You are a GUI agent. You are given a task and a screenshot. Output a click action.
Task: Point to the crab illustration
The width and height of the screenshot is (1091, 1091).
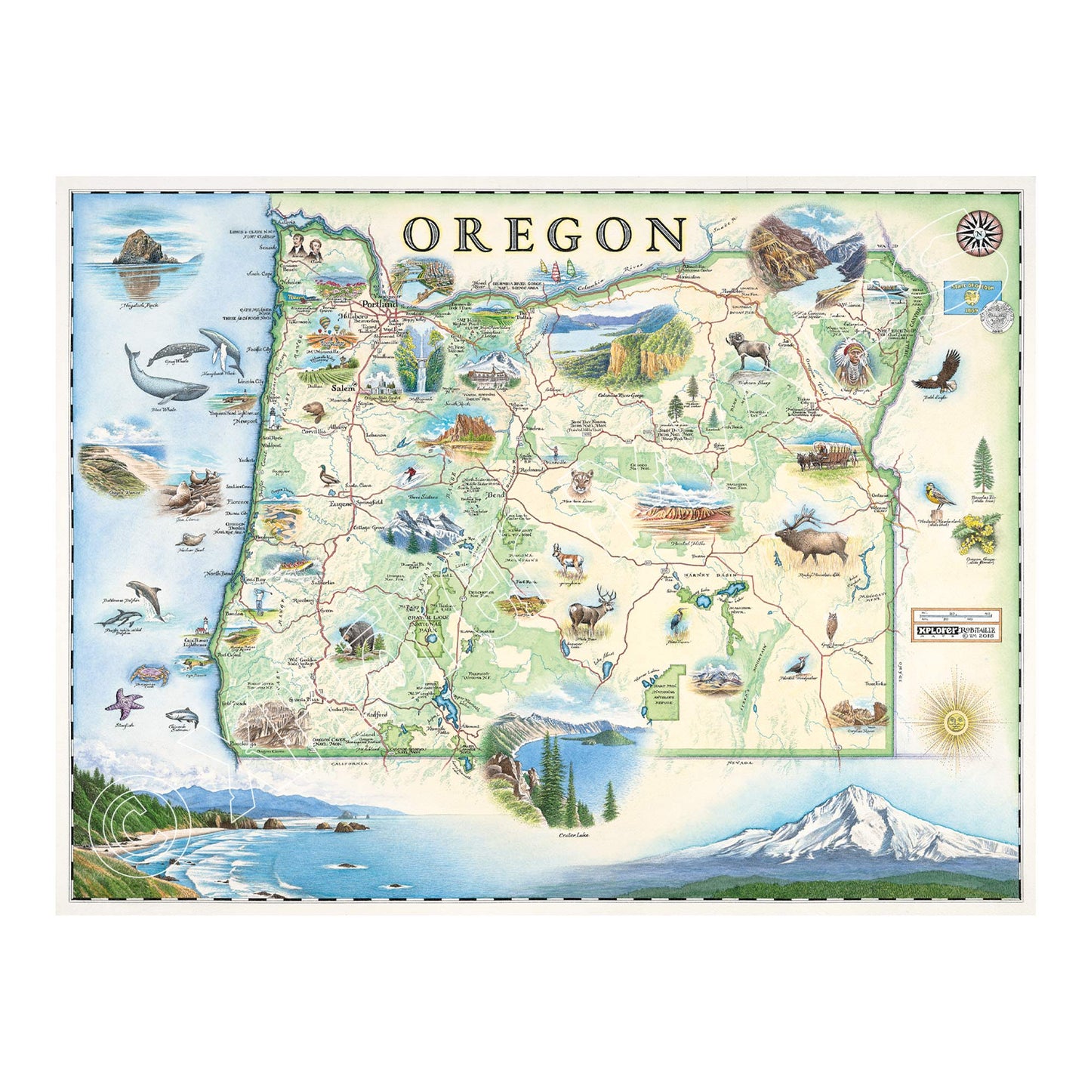[x=146, y=671]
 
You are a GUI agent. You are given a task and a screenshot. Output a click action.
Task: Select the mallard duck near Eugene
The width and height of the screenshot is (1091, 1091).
[x=331, y=476]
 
